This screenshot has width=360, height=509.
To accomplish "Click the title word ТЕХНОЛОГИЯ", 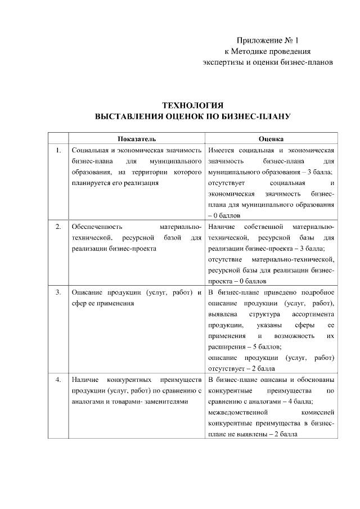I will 192,105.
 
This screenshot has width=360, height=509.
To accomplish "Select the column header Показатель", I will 137,139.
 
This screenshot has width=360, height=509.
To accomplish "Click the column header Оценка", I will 271,139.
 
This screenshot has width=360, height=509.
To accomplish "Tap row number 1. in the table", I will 58,150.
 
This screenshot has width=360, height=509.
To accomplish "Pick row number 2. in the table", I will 58,227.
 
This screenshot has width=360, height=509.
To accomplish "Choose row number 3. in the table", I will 58,293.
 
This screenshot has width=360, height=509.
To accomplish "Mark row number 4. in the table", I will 58,380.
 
